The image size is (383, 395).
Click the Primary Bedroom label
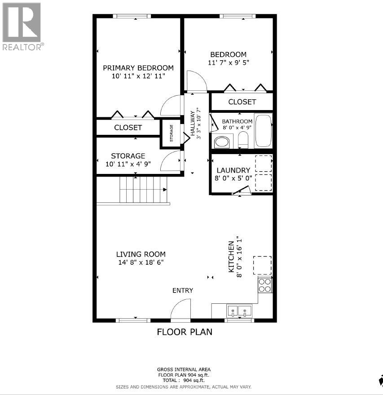138,68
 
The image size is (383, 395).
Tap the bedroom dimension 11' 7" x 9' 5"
229,63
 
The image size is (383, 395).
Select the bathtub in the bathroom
263,131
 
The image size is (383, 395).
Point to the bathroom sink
222,142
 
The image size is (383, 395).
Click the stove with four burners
265,284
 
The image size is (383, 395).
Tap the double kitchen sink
239,311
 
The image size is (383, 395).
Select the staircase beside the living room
142,190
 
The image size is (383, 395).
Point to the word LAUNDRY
233,170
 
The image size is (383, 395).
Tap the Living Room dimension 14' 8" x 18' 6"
141,262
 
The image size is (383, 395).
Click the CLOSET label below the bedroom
242,102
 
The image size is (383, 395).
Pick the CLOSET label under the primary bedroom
128,128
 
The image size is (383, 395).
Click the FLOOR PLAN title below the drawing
184,332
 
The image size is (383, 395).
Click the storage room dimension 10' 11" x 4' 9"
128,164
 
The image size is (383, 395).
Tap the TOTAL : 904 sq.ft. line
184,380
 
